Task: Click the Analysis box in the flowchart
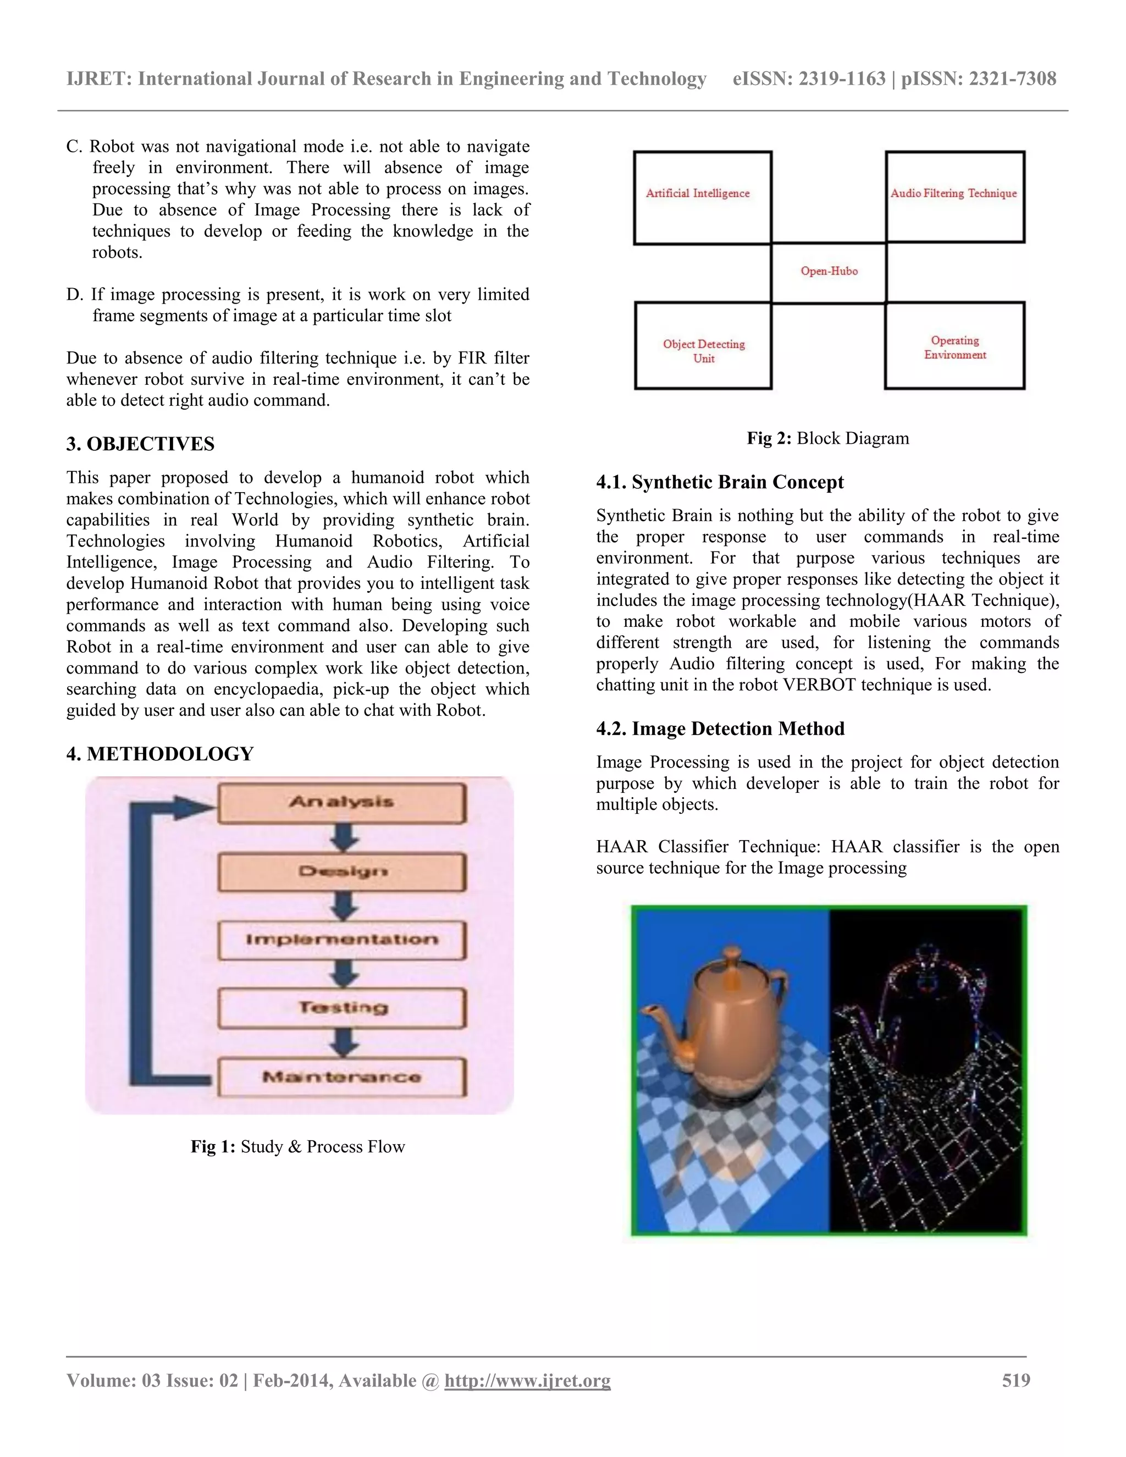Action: (341, 803)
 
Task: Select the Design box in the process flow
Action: (341, 872)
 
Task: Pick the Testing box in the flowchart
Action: (341, 1008)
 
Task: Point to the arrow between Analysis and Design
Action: (344, 838)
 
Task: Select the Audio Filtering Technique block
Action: (954, 196)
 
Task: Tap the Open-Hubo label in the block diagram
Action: (829, 272)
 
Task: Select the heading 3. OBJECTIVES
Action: (140, 444)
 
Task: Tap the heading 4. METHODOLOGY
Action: (159, 754)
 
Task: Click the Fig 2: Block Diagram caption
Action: (827, 438)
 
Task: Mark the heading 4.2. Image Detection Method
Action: (720, 728)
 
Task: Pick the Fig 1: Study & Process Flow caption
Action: (297, 1147)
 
